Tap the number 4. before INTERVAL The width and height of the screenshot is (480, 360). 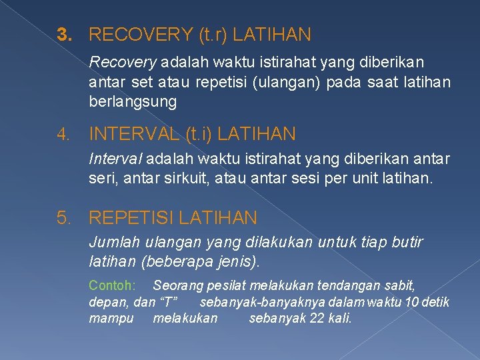click(63, 135)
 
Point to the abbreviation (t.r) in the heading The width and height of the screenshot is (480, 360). click(209, 34)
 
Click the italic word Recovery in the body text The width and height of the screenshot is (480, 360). click(122, 63)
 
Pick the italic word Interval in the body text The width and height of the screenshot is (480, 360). click(115, 160)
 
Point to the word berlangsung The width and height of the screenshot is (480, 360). click(133, 102)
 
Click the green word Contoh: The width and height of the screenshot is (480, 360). click(112, 285)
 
